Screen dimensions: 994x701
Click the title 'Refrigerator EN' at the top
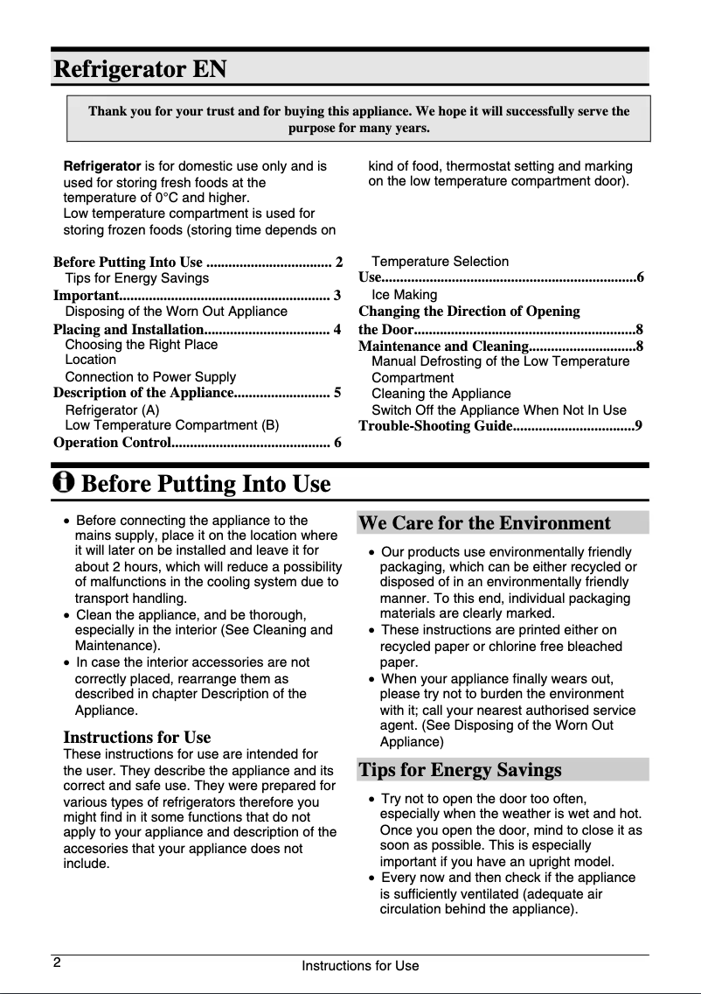[x=140, y=68]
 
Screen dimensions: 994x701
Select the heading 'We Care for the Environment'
[x=484, y=523]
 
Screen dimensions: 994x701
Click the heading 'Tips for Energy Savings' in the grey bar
[x=460, y=770]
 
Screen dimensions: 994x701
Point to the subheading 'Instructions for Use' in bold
[x=137, y=737]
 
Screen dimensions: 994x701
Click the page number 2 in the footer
[x=56, y=963]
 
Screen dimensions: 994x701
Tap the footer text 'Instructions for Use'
[x=360, y=966]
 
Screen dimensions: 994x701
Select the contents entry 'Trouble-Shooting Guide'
[x=435, y=426]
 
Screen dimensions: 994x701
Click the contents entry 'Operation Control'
[x=112, y=442]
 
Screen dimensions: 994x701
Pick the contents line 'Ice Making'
[x=405, y=295]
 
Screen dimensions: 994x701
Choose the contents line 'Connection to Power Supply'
[x=150, y=377]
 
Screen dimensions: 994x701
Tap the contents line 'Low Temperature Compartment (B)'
[x=172, y=425]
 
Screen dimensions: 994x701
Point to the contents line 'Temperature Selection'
[x=440, y=262]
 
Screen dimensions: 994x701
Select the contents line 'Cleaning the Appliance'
[x=441, y=394]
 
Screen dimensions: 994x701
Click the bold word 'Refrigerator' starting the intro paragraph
[x=102, y=165]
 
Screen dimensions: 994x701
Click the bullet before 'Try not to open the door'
[x=373, y=799]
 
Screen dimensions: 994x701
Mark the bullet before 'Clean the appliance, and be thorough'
[x=68, y=615]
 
